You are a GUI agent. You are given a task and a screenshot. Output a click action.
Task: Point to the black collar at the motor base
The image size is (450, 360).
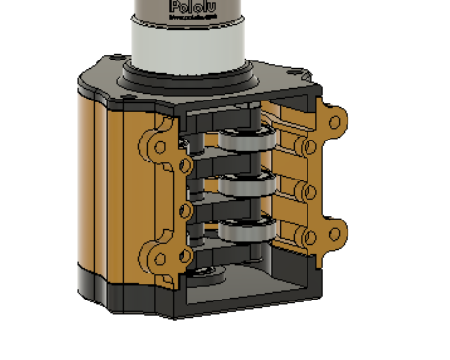[x=185, y=74]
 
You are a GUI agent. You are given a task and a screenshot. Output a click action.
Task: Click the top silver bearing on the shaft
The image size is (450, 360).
[x=243, y=140]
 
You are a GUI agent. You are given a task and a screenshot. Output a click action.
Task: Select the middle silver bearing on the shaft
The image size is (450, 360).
[x=243, y=185]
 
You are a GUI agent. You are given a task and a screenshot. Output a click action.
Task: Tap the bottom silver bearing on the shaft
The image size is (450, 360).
[x=243, y=231]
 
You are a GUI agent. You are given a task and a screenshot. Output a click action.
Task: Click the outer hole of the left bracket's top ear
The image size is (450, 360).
[x=157, y=148]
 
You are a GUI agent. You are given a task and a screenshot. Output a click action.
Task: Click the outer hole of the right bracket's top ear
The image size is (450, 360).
[x=334, y=125]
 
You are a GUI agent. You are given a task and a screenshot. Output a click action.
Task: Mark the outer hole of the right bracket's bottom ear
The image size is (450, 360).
[x=337, y=234]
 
